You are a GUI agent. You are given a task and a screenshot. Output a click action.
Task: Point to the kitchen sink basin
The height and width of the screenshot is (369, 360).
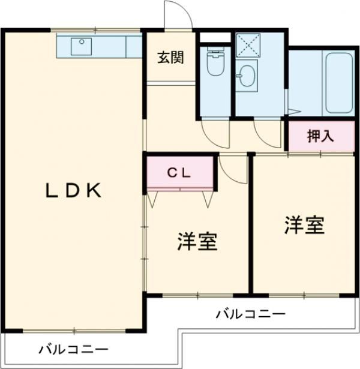point(80,45)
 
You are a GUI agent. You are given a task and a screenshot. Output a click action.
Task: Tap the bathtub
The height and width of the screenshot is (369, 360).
point(338,84)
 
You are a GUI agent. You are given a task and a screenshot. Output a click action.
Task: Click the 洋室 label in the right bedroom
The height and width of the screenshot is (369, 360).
point(304,226)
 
